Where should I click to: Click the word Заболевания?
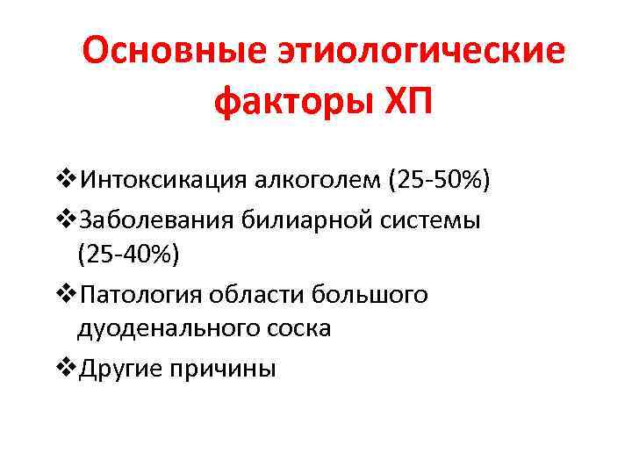pyautogui.click(x=153, y=219)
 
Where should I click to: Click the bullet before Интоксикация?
pyautogui.click(x=65, y=182)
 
